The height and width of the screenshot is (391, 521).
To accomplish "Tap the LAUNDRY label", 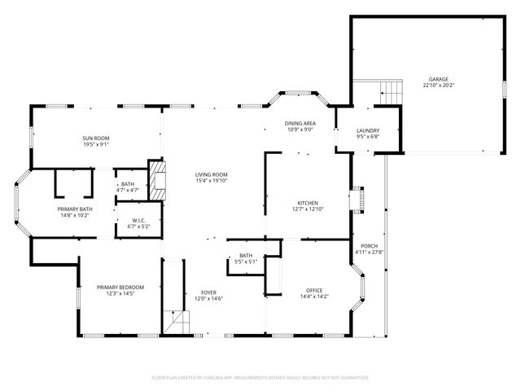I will tap(369, 131).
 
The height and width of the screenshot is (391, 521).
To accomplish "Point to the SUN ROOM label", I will tap(95, 138).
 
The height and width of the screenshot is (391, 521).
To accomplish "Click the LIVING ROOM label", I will tap(211, 174).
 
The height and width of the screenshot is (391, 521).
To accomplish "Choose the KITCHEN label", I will tap(307, 203).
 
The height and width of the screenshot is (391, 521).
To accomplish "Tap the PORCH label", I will tap(369, 246).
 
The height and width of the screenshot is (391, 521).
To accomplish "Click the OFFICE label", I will tap(314, 290).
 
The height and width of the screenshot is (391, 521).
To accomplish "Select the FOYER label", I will tap(209, 292).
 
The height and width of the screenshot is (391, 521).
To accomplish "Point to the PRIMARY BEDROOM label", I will tap(120, 287).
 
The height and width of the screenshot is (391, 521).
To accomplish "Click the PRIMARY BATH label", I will tap(72, 209).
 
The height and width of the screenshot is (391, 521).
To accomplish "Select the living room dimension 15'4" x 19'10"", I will tap(211, 181).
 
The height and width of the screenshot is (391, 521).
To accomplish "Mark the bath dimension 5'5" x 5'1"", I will tap(245, 261).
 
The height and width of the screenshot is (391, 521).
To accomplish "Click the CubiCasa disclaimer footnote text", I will tap(260, 377).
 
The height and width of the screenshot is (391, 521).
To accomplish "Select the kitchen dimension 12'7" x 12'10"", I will tap(307, 209).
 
